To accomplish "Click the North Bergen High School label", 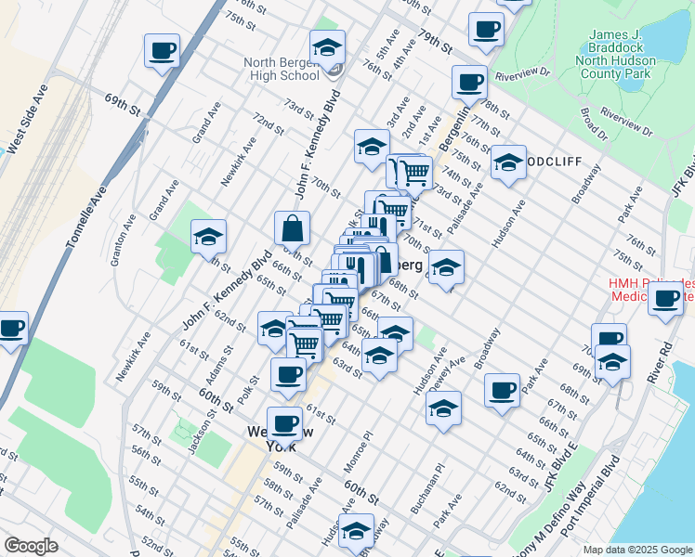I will [282, 69].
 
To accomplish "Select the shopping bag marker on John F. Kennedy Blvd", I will [292, 228].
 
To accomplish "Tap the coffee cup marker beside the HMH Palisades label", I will [665, 299].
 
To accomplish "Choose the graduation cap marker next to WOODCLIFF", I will [508, 163].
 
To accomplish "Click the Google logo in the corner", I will [31, 546].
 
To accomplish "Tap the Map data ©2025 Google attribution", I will [637, 550].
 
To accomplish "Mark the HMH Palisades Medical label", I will [650, 290].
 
